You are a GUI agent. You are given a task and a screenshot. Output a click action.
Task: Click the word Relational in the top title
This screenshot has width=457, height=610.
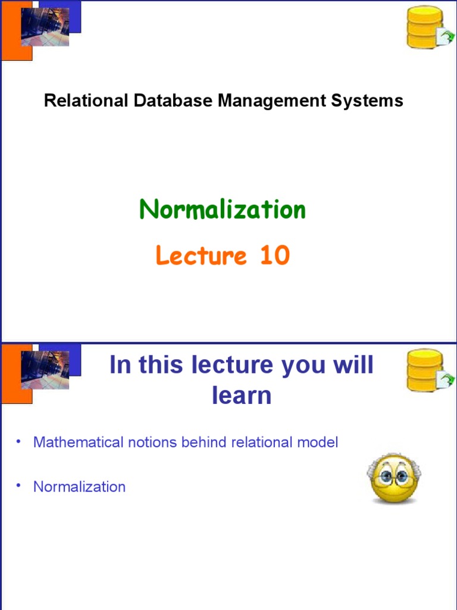[86, 101]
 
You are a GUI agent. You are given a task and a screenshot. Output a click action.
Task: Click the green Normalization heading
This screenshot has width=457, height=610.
[223, 210]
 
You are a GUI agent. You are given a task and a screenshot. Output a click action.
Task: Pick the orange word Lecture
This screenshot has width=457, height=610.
[201, 256]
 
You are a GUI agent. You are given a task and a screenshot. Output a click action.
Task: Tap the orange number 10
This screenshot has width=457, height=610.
[274, 256]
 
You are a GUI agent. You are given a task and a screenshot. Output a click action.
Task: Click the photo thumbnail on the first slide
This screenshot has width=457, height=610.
[45, 27]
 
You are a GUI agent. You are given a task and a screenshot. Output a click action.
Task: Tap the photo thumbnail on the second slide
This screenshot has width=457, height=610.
[45, 370]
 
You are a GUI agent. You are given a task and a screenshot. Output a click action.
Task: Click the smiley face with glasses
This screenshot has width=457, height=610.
[395, 479]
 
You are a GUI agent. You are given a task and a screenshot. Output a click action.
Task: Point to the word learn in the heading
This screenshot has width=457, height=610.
[242, 396]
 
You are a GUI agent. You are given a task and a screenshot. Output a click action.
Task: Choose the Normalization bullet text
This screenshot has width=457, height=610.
[79, 487]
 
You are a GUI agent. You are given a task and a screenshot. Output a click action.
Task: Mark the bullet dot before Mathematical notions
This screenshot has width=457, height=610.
[19, 441]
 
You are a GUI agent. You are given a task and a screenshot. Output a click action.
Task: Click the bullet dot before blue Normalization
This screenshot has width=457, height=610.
[19, 485]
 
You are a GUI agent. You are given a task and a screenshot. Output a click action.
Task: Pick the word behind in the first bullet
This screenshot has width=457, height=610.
[204, 443]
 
